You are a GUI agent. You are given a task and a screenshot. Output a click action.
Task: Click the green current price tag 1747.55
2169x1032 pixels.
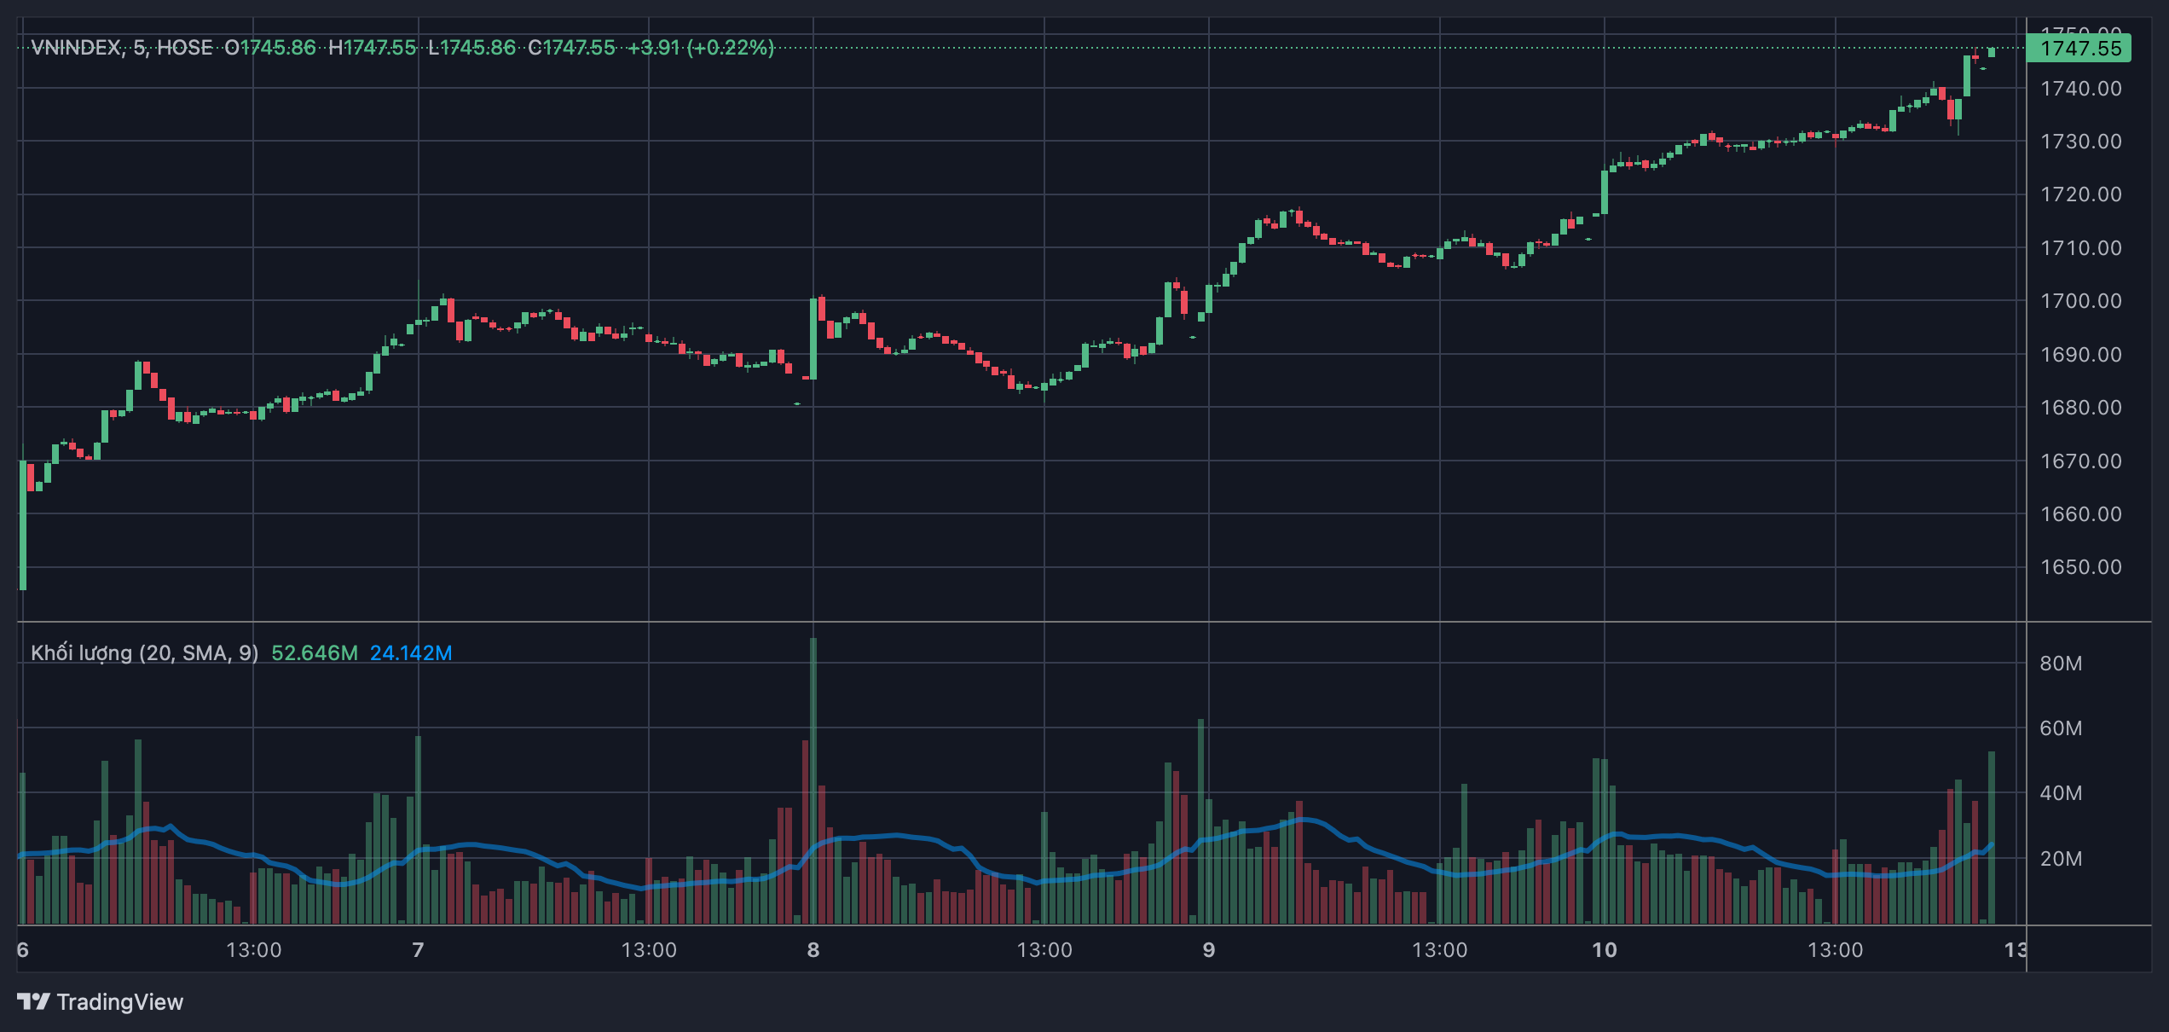click(2079, 49)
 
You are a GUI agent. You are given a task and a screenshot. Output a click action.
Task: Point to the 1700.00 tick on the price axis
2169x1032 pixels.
click(2080, 301)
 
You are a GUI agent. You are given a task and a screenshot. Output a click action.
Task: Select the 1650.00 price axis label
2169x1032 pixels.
click(2080, 567)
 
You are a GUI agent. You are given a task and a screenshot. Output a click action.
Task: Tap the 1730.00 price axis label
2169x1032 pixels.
click(2080, 142)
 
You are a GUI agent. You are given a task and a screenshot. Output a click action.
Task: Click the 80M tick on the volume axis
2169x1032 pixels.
click(2061, 664)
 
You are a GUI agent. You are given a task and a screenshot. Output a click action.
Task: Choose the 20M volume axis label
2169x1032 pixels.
click(2061, 859)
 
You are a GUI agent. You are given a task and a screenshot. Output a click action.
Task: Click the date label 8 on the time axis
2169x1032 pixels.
click(813, 950)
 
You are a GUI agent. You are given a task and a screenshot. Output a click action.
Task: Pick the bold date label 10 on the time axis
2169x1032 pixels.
click(1604, 950)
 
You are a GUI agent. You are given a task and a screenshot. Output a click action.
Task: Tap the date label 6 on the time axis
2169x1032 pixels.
click(23, 950)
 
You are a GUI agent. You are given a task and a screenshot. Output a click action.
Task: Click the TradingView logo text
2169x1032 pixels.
click(119, 1002)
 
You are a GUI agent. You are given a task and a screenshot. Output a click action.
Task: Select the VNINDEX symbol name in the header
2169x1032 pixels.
click(76, 48)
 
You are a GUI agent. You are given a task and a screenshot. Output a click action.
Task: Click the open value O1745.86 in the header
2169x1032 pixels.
click(270, 48)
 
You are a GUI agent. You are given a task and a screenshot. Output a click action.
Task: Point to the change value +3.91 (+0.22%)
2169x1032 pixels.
click(701, 48)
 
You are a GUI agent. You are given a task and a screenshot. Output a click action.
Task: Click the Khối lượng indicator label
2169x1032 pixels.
click(144, 653)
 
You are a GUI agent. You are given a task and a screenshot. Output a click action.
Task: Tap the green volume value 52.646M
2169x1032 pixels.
click(315, 653)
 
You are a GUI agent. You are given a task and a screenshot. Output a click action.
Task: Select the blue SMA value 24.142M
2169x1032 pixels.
click(411, 653)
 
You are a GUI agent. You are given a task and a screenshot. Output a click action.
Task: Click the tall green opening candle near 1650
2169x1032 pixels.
click(23, 525)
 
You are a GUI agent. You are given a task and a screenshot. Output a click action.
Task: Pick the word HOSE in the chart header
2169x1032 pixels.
click(185, 48)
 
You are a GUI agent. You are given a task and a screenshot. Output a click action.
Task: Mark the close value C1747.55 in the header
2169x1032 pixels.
click(571, 48)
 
